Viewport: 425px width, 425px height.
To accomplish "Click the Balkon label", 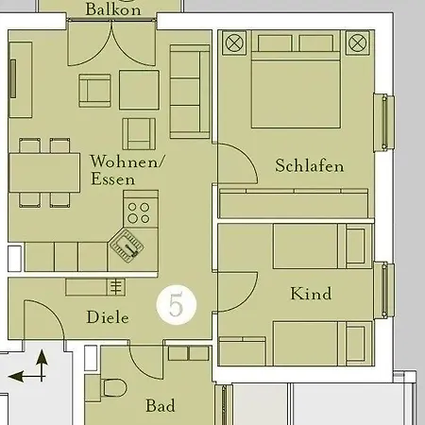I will pos(112,9).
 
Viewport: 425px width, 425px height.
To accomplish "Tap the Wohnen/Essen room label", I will pos(127,170).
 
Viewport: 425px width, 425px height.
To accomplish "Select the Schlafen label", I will pos(309,166).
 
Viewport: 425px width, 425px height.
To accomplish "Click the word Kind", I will pos(311,294).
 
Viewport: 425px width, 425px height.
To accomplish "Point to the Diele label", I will pos(107,316).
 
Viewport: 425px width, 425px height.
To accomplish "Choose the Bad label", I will pos(160,406).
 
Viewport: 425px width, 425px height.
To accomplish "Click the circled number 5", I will pos(176,305).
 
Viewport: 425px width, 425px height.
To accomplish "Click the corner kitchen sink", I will pos(127,246).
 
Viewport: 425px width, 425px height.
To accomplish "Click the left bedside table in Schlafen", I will pos(233,42).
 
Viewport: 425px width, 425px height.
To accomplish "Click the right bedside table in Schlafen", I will pos(356,42).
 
